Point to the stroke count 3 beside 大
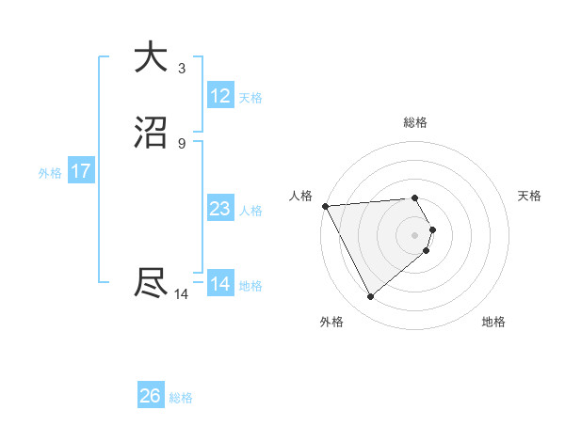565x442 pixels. point(182,68)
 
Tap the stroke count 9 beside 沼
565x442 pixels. point(182,143)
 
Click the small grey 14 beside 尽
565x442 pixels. point(182,294)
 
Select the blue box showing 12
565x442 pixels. point(219,96)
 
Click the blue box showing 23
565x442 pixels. point(219,209)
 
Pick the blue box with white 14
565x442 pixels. point(219,284)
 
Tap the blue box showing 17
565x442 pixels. point(81,171)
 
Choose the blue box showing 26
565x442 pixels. point(151,396)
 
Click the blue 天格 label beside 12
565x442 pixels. point(250,98)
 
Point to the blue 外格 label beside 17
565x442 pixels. point(50,173)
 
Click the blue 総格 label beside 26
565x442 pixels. point(181,398)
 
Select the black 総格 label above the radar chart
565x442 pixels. point(415,123)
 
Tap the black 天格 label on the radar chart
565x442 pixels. point(529,196)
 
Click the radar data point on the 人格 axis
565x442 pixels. point(324,206)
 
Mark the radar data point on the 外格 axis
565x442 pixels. point(370,297)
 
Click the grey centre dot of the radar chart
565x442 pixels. point(415,233)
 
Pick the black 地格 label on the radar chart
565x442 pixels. point(493,322)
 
